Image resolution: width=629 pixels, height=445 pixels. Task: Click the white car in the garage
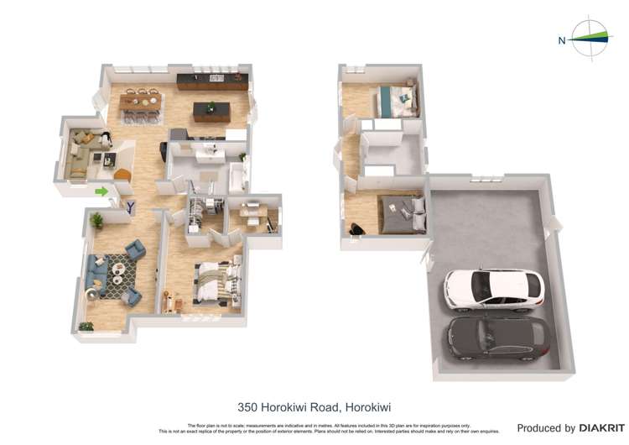[493, 289]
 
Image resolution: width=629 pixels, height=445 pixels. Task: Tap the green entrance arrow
[102, 191]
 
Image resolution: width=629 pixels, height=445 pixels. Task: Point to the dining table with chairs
[140, 102]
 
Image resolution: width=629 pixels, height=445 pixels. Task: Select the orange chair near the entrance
[122, 175]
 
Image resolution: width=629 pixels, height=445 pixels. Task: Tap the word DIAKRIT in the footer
[600, 428]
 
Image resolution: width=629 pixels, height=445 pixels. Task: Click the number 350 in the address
[247, 407]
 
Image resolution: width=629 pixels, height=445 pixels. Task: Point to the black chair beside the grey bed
[358, 228]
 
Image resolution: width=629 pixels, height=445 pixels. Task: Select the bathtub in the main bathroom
[237, 176]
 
